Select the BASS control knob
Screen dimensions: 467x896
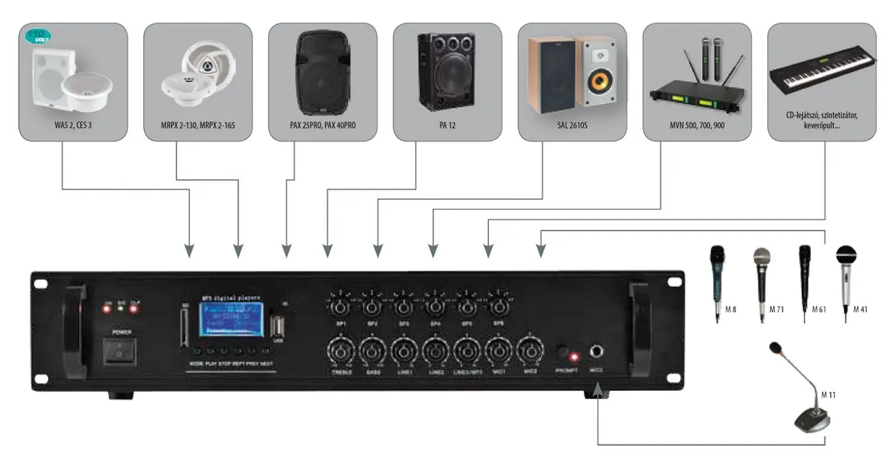(372, 352)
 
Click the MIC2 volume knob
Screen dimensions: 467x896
(529, 352)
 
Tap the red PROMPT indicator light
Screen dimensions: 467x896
(575, 356)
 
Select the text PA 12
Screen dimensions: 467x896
(447, 126)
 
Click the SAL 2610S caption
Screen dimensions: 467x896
(572, 126)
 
